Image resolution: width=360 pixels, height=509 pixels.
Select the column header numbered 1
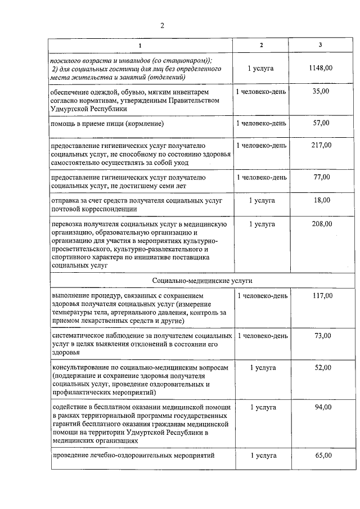click(x=141, y=45)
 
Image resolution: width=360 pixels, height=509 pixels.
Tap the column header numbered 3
click(x=320, y=45)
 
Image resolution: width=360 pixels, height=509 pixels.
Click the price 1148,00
click(x=320, y=68)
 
